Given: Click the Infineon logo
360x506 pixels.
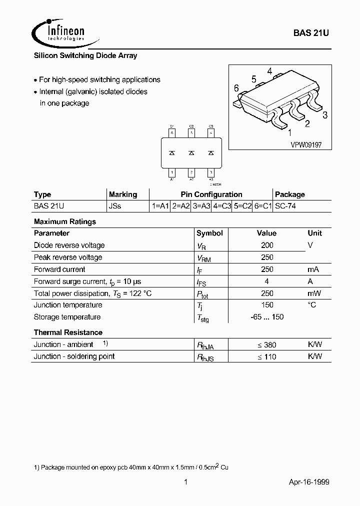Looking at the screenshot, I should pos(59,32).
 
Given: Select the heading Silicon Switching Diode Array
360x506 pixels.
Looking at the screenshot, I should pos(85,56).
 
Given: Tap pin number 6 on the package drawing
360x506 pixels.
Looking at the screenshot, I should pos(236,88).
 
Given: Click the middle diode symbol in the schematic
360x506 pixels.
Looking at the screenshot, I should pos(191,153).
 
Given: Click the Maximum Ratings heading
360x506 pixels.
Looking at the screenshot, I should pos(64,221).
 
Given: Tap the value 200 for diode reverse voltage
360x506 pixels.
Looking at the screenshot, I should pos(267,245).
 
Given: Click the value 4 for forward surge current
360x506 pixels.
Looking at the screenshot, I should pos(267,281).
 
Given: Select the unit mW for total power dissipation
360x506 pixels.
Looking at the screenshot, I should pos(314,293).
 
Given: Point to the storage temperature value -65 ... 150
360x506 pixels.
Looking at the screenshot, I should pos(267,317).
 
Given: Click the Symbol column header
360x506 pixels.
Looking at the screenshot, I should pos(209,233).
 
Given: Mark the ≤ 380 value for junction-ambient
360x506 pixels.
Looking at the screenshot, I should pos(267,345).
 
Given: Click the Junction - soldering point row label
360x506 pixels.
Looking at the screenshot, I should pos(74,356).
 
